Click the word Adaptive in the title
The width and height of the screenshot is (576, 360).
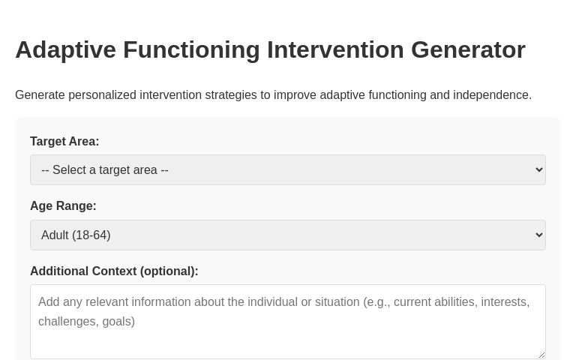pyautogui.click(x=65, y=49)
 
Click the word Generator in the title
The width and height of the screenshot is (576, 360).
pyautogui.click(x=468, y=49)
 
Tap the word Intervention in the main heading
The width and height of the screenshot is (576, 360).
pyautogui.click(x=335, y=49)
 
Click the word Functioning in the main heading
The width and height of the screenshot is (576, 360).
pyautogui.click(x=191, y=49)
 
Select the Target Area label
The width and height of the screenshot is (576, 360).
pyautogui.click(x=64, y=141)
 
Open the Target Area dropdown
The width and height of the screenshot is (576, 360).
pyautogui.click(x=287, y=169)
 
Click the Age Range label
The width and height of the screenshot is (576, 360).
pyautogui.click(x=63, y=205)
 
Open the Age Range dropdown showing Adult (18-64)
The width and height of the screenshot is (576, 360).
pyautogui.click(x=287, y=235)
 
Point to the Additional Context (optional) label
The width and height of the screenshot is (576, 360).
pyautogui.click(x=114, y=271)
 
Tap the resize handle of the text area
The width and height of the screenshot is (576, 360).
pyautogui.click(x=541, y=355)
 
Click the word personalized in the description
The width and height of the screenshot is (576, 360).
pyautogui.click(x=102, y=95)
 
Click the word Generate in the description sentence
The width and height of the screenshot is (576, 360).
pyautogui.click(x=40, y=95)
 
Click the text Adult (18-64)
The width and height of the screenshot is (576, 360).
pyautogui.click(x=76, y=235)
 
